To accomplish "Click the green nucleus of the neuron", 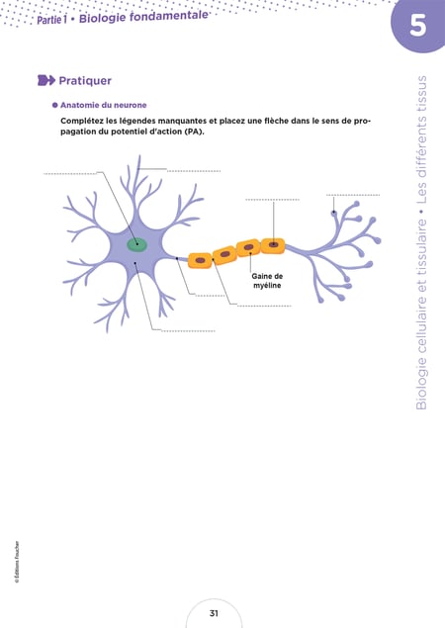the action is point(137,244).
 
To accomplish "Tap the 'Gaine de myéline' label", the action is point(267,281).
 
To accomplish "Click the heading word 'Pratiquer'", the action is point(85,81).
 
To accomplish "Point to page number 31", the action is point(214,613).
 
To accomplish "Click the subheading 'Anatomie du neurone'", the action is point(104,105).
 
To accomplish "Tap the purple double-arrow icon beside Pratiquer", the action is point(46,80).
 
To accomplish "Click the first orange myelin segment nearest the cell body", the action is point(200,260).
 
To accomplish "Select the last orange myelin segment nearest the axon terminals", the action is point(273,245).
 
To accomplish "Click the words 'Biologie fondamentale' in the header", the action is point(143,17).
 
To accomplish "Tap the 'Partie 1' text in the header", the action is point(51,20).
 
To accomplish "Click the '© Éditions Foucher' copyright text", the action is point(17,562).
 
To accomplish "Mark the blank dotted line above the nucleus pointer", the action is point(70,174).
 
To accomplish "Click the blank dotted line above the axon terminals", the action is point(353,195).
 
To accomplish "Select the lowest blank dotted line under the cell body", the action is point(188,331).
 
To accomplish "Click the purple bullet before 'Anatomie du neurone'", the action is point(55,105).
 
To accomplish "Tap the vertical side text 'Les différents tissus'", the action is point(421,139).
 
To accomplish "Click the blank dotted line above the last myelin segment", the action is point(272,200).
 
